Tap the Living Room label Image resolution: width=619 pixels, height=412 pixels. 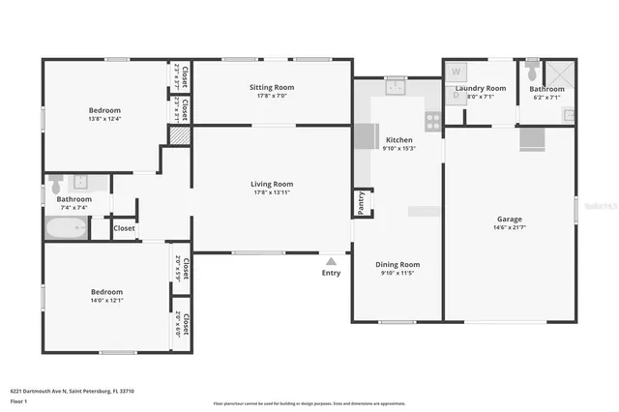pos(272,184)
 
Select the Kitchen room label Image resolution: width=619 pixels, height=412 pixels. pos(398,140)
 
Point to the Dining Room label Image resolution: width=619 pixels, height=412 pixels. pos(398,264)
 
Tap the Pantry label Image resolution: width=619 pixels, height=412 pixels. pos(361,201)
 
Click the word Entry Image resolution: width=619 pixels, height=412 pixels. pos(331,273)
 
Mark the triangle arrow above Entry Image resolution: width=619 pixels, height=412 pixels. pos(331,260)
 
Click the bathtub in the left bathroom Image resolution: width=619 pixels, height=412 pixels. pos(67,229)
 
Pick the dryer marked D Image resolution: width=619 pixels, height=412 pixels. pos(456,95)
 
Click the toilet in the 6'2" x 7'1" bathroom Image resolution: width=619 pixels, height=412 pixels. pos(531,71)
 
